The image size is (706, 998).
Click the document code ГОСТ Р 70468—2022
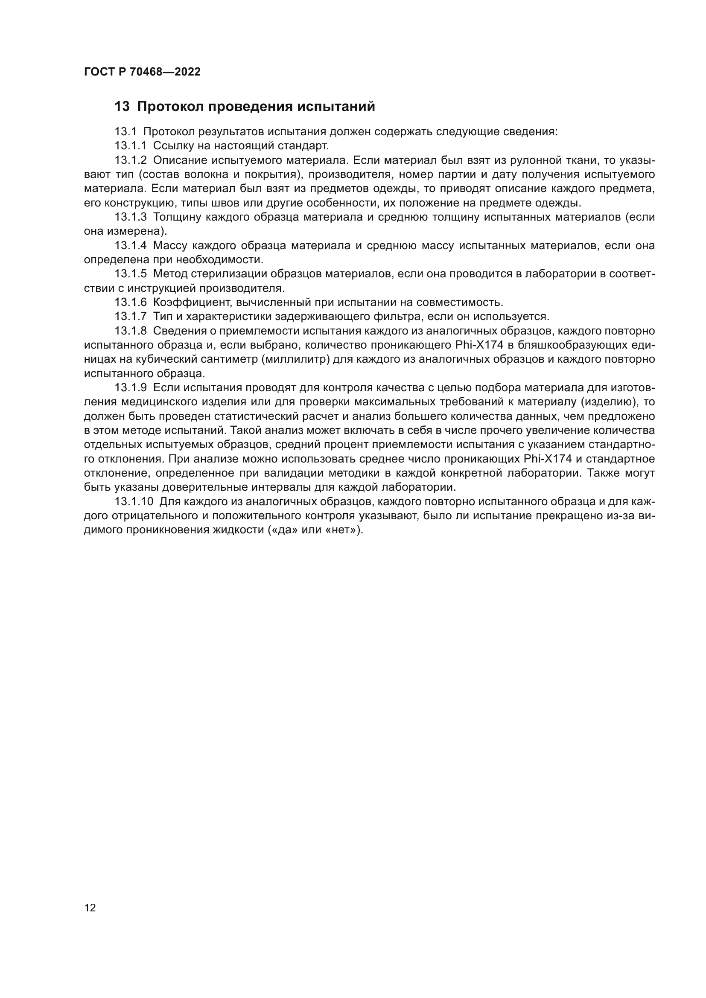pyautogui.click(x=142, y=72)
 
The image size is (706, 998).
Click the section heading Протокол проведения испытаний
pyautogui.click(x=256, y=107)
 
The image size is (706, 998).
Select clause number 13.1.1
pyautogui.click(x=131, y=145)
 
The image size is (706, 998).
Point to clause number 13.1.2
pyautogui.click(x=131, y=160)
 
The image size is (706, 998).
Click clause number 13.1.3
pyautogui.click(x=131, y=217)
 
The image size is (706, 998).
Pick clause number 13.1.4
pyautogui.click(x=131, y=246)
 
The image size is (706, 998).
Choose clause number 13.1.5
pyautogui.click(x=131, y=274)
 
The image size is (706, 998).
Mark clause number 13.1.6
pyautogui.click(x=131, y=302)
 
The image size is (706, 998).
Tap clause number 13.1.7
pyautogui.click(x=131, y=317)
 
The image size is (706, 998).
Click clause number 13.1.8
pyautogui.click(x=131, y=331)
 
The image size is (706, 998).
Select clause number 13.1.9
pyautogui.click(x=131, y=388)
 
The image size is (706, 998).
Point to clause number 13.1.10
pyautogui.click(x=134, y=502)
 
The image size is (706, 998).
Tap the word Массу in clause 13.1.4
pyautogui.click(x=170, y=246)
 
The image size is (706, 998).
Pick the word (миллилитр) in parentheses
pyautogui.click(x=292, y=359)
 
